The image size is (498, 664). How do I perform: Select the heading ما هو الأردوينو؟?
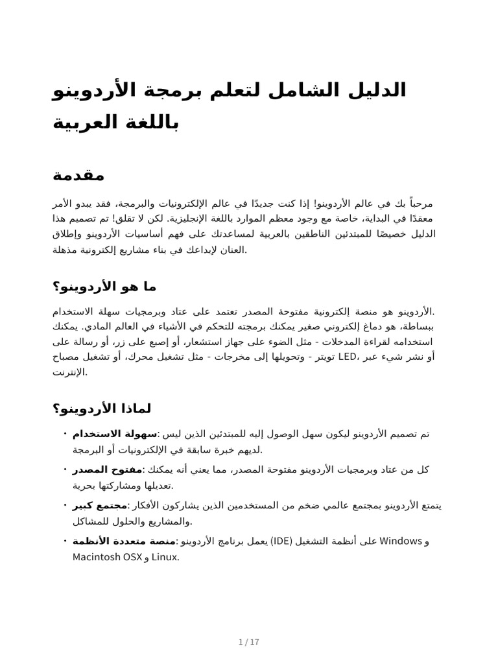pyautogui.click(x=104, y=286)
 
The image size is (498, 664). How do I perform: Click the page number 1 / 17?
pyautogui.click(x=249, y=643)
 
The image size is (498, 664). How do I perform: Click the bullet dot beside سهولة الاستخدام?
pyautogui.click(x=66, y=433)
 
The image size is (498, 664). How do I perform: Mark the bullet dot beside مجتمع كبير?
pyautogui.click(x=66, y=504)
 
